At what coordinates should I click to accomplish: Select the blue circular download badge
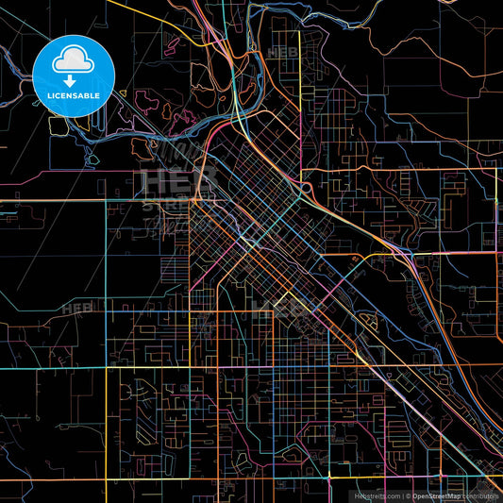click(x=74, y=76)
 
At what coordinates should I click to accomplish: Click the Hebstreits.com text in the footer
click(x=377, y=495)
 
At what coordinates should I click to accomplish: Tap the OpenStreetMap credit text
click(x=436, y=495)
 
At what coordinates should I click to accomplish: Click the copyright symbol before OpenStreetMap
click(x=409, y=495)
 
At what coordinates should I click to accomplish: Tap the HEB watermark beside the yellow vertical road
click(x=282, y=53)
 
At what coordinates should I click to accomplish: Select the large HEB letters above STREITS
click(x=169, y=180)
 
